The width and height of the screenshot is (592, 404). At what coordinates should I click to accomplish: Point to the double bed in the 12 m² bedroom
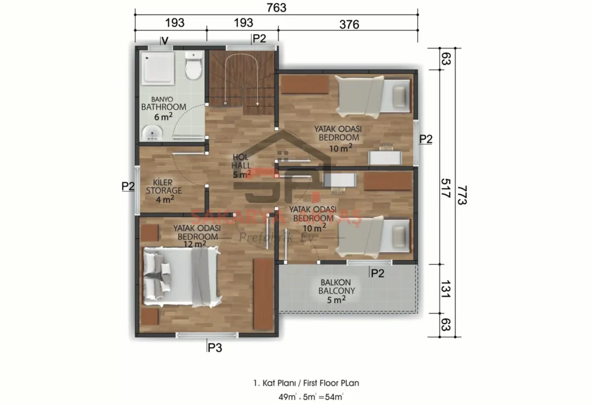tap(182, 277)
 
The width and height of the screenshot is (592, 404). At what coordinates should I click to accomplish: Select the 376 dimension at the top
tap(349, 24)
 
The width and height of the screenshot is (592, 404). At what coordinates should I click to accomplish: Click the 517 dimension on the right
tap(445, 188)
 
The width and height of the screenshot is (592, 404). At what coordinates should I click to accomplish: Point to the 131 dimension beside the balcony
tap(445, 287)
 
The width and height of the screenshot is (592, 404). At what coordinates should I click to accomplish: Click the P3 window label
tap(215, 347)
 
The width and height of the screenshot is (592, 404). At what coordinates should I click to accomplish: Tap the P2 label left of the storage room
tap(128, 186)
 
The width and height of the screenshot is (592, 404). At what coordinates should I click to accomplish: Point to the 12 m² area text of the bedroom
tap(195, 244)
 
